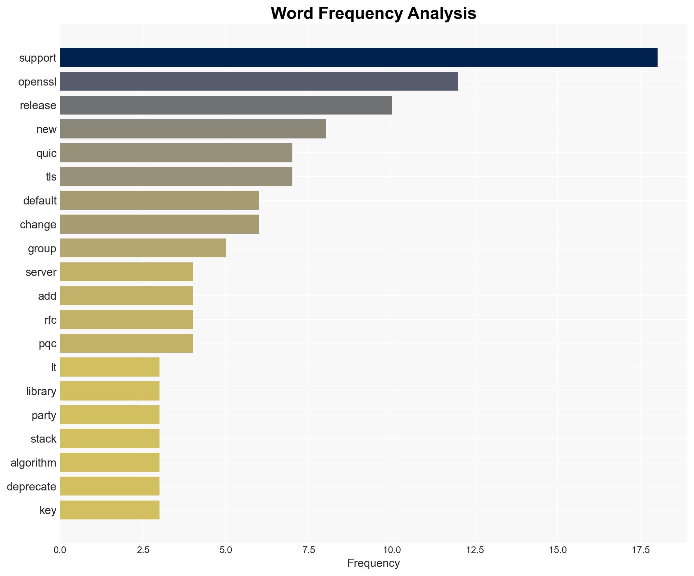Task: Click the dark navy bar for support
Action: (358, 58)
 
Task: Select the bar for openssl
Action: (259, 81)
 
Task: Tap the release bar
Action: (226, 105)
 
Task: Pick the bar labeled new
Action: (193, 129)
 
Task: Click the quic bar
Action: (176, 153)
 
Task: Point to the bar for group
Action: (143, 248)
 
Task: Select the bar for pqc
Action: (126, 344)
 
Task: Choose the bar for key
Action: (110, 510)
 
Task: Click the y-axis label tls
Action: (51, 177)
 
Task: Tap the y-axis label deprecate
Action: (31, 487)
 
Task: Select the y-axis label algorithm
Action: (33, 463)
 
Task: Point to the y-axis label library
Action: (41, 391)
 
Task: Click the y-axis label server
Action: (41, 272)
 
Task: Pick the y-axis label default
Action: (40, 201)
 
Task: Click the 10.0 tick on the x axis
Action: (392, 550)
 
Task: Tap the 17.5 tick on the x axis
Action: (640, 550)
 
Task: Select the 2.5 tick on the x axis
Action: (143, 550)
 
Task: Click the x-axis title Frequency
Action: (373, 563)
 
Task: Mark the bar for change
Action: (160, 224)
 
